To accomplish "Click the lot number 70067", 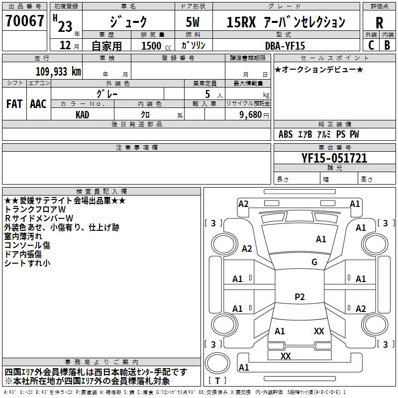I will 25,21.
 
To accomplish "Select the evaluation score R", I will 380,22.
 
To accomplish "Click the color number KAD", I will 83,114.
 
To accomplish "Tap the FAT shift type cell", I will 14,104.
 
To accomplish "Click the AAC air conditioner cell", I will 38,104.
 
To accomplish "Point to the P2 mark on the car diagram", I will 299,297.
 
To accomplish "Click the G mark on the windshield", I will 314,262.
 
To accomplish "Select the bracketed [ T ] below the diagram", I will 217,381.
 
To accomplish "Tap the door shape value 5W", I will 193,22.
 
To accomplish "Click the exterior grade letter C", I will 371,45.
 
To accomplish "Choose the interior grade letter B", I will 388,45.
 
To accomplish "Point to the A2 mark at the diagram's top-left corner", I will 243,204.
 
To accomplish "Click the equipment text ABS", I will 286,134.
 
